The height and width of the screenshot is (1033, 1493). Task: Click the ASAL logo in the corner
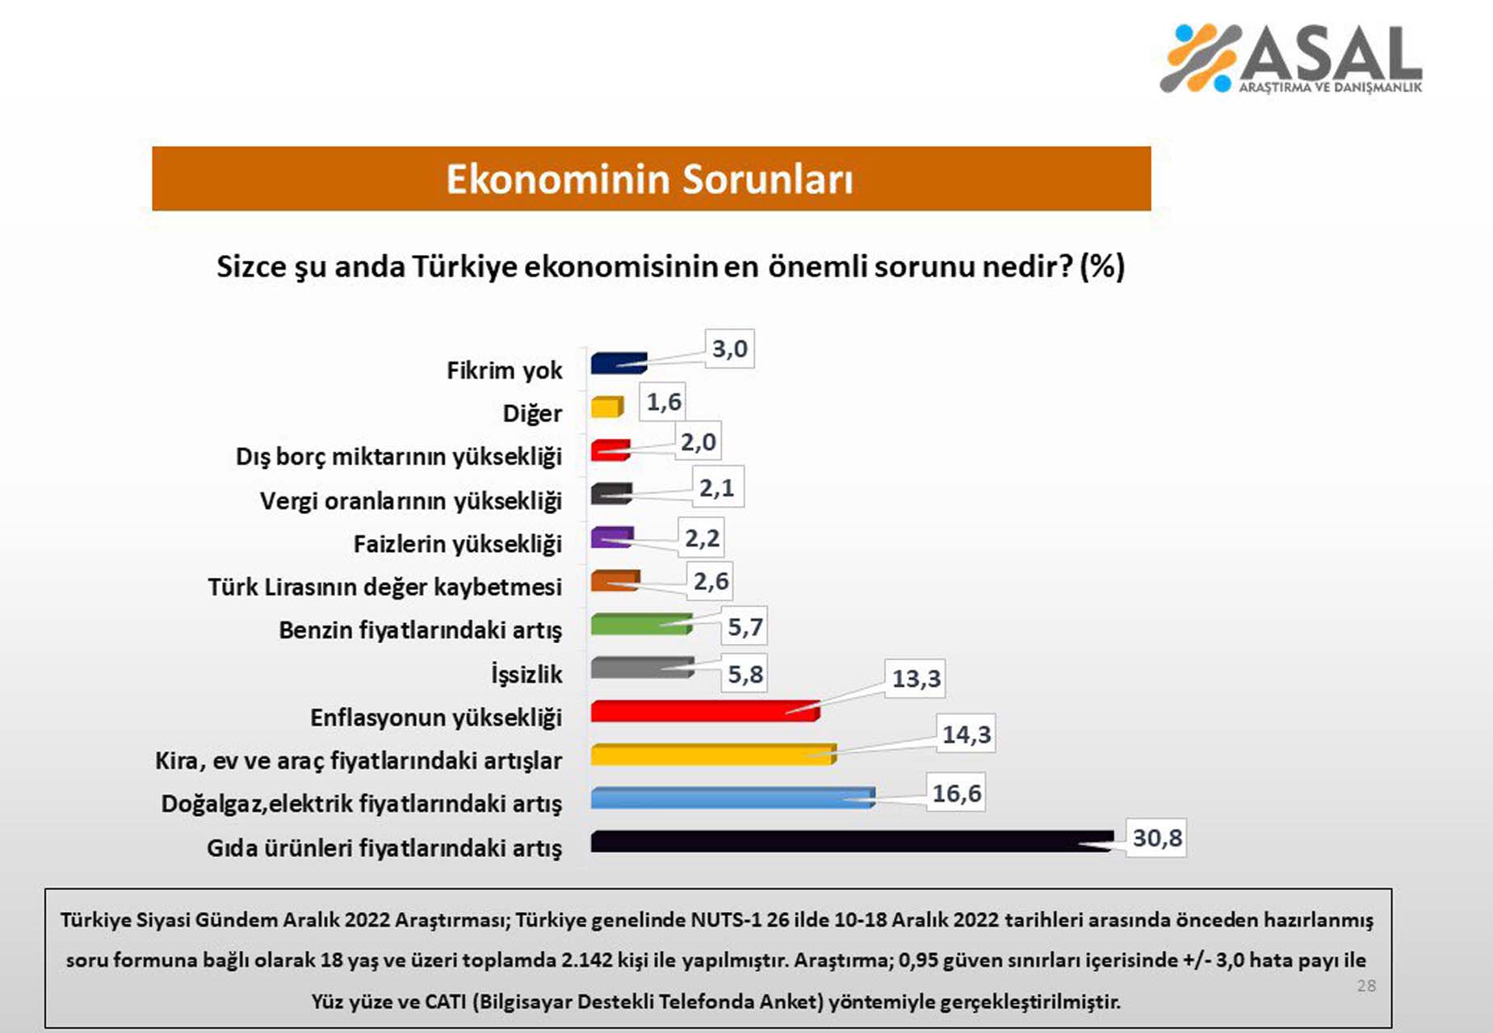1290,58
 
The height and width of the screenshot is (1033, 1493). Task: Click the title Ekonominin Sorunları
650,179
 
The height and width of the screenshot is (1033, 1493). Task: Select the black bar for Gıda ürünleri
848,841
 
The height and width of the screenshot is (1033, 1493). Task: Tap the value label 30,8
1156,839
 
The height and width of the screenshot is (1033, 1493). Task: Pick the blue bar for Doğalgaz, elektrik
731,797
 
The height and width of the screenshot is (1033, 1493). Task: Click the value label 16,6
956,794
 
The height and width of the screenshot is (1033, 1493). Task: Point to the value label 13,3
916,679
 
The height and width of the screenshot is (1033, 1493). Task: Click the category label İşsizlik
526,674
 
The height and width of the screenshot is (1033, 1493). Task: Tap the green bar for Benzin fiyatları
640,624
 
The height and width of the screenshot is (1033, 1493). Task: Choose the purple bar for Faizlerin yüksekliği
611,537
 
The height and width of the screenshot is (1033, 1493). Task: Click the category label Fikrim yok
504,370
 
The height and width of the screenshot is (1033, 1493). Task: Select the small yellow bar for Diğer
606,407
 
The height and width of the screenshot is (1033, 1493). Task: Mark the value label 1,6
663,402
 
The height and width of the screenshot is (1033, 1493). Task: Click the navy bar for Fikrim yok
618,362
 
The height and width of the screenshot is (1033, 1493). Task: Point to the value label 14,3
966,734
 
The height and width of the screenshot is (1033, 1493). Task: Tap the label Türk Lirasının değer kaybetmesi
384,587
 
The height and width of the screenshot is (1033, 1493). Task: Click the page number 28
1366,985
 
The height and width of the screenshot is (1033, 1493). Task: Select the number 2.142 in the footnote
583,960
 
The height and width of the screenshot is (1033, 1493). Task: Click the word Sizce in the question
250,267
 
